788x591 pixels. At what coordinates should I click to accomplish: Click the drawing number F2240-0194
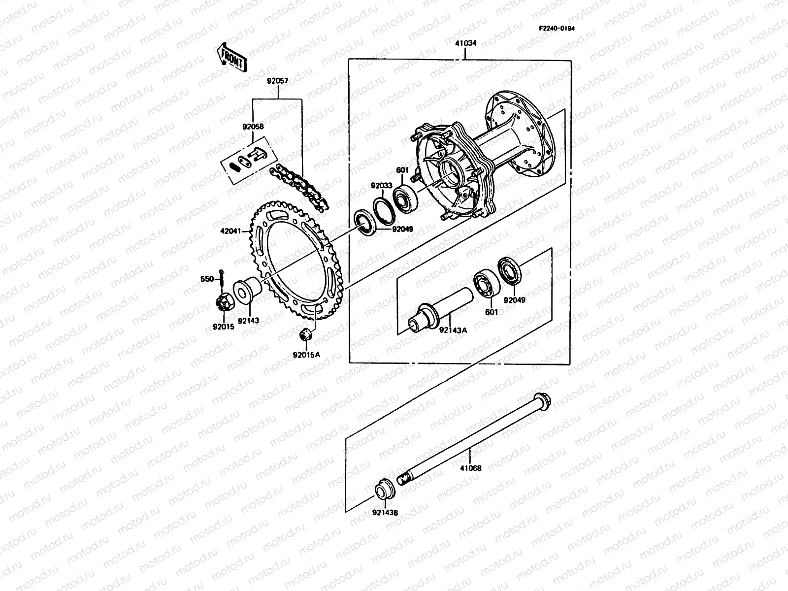pyautogui.click(x=556, y=28)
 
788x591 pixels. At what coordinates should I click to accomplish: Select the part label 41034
pyautogui.click(x=465, y=43)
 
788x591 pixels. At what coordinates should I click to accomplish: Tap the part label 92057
pyautogui.click(x=278, y=80)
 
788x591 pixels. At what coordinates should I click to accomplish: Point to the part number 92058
pyautogui.click(x=253, y=127)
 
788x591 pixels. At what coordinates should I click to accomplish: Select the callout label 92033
pyautogui.click(x=382, y=187)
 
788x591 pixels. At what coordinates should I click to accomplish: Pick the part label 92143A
pyautogui.click(x=453, y=330)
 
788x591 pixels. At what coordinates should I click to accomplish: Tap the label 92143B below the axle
pyautogui.click(x=385, y=513)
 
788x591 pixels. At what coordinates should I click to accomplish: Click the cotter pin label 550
pyautogui.click(x=207, y=279)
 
